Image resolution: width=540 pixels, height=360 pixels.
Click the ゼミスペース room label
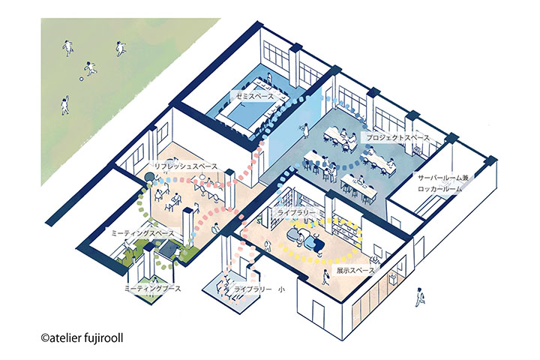click(x=254, y=96)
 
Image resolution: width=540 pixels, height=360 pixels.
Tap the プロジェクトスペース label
click(x=397, y=138)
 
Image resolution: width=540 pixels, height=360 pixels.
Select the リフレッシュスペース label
click(x=186, y=166)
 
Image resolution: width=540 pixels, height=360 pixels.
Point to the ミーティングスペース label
click(x=142, y=233)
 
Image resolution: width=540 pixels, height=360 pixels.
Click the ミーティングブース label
click(x=152, y=288)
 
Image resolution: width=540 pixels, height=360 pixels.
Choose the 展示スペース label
click(x=355, y=271)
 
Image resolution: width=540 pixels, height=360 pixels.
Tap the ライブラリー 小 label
click(x=259, y=289)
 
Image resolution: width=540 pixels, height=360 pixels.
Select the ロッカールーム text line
click(x=439, y=189)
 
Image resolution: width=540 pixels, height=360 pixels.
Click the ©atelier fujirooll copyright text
click(x=82, y=338)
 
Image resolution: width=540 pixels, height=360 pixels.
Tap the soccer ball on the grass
click(x=82, y=79)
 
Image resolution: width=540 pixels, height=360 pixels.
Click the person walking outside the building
click(x=420, y=296)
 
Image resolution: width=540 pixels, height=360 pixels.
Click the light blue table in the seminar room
click(x=247, y=113)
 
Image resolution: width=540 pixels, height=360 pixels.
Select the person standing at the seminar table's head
click(x=269, y=78)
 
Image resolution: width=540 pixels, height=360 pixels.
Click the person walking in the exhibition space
click(x=324, y=277)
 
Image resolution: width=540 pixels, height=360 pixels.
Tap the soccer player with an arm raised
click(x=65, y=105)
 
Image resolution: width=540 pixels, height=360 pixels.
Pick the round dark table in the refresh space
click(x=150, y=177)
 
